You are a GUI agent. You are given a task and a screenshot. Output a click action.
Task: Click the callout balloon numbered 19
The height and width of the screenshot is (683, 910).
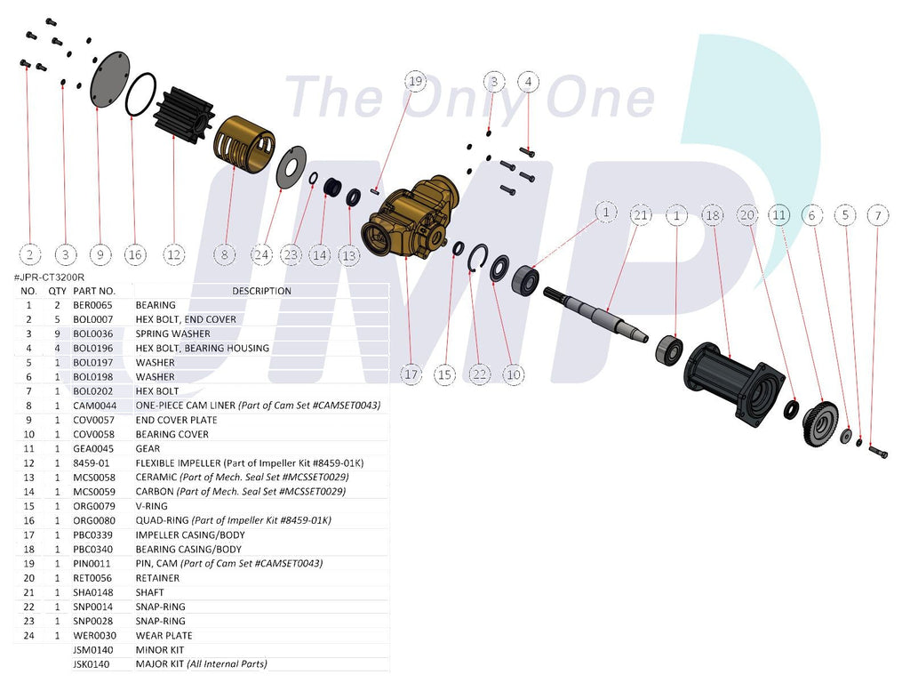click(x=416, y=81)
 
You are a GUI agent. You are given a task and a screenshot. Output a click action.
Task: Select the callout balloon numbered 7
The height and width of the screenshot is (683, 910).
click(x=878, y=215)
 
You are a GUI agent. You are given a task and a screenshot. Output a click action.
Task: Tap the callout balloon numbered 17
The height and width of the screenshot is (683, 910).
click(x=411, y=374)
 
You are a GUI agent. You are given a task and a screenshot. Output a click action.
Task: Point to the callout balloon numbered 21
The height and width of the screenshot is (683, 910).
click(x=640, y=215)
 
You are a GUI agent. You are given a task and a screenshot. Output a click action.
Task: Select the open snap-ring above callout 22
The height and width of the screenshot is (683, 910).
click(x=477, y=257)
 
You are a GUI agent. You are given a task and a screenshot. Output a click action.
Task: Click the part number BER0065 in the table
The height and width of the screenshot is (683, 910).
click(x=92, y=305)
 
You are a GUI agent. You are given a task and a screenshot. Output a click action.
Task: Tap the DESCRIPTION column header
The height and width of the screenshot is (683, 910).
click(x=262, y=291)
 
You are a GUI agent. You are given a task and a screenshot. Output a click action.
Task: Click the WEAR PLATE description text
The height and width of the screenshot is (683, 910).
click(x=164, y=635)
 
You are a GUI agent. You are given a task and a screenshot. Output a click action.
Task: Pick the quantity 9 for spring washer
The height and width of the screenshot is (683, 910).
click(x=57, y=333)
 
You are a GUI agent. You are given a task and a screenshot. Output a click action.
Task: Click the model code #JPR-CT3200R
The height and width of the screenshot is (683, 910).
click(x=49, y=277)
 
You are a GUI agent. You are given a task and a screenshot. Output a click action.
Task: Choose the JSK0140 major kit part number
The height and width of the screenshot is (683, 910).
click(x=92, y=663)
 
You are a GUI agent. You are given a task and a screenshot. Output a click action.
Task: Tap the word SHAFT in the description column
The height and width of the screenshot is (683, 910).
click(x=149, y=592)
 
